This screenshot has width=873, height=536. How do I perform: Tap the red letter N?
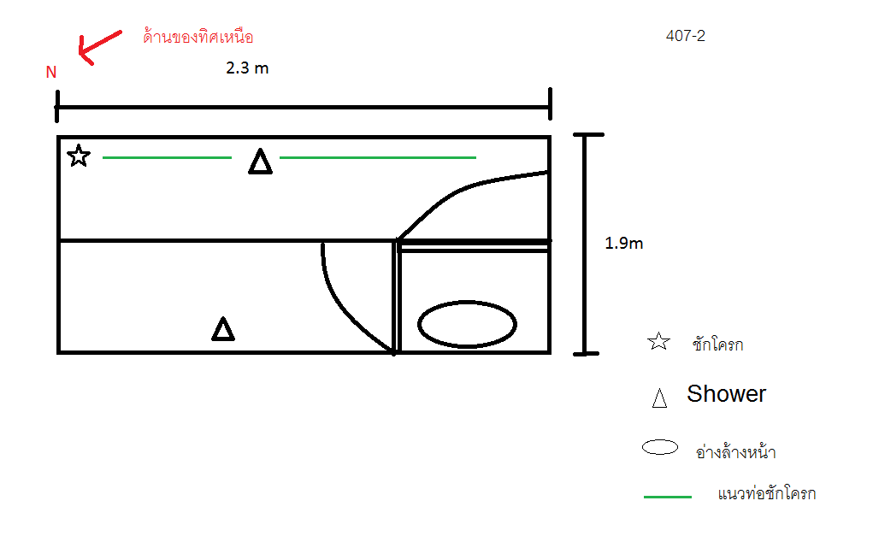pos(51,73)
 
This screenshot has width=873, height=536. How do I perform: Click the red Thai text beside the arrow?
pos(198,37)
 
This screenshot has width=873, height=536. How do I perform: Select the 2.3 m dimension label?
pos(247,68)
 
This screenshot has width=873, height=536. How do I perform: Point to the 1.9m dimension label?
pos(623,244)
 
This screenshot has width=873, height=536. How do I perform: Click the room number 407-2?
pos(686,36)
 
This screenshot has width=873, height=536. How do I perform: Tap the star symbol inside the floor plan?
pos(79,156)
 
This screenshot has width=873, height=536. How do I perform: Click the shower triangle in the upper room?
pos(260,162)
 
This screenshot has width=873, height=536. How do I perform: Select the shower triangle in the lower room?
pos(223,329)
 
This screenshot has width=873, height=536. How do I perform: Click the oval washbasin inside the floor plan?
pos(467,324)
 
